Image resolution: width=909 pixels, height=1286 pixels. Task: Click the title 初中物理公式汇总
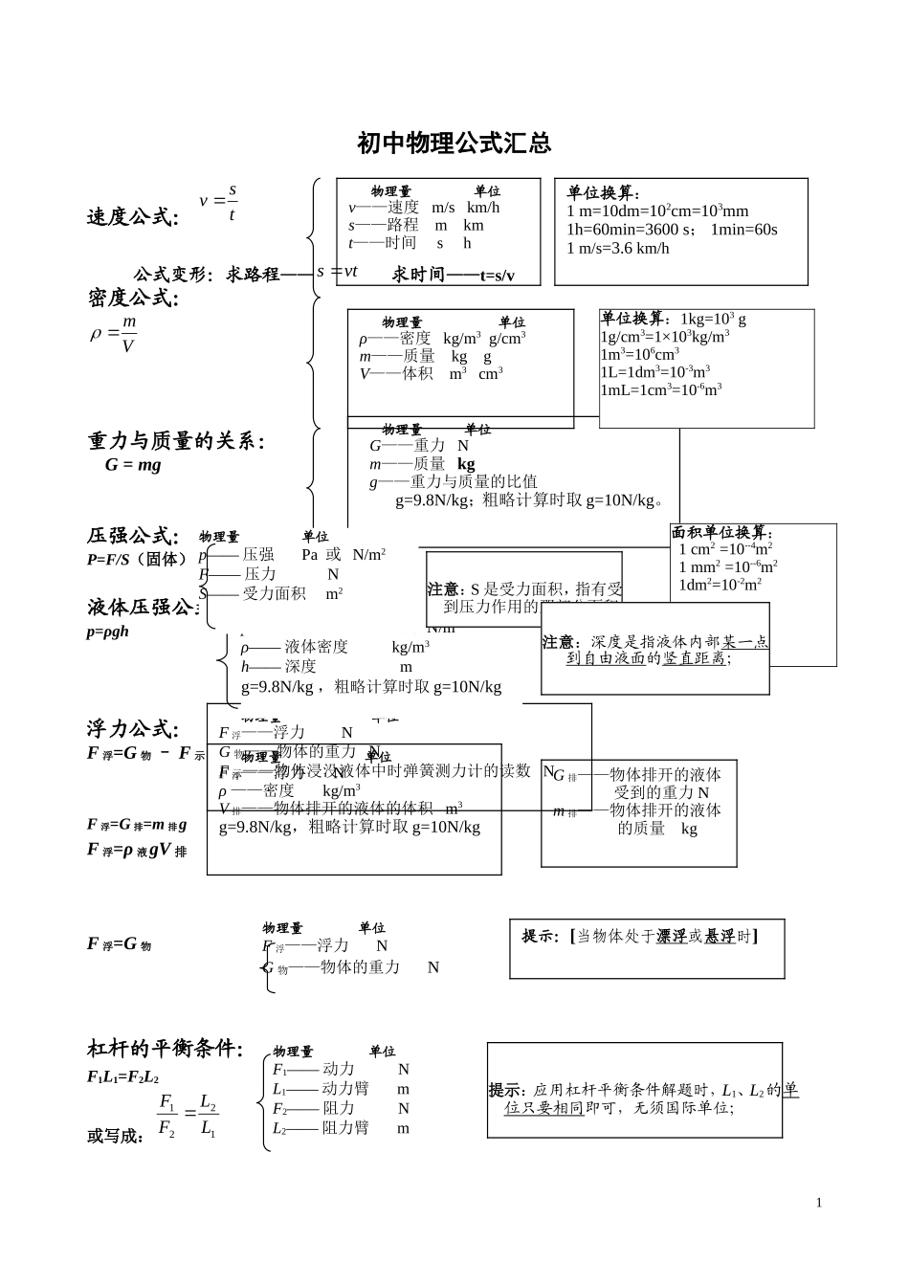[454, 144]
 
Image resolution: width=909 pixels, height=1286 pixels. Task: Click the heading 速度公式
[132, 217]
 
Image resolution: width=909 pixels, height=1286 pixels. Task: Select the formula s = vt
[337, 272]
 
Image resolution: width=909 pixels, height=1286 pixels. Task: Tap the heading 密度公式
[133, 299]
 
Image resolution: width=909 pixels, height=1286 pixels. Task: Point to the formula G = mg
[133, 465]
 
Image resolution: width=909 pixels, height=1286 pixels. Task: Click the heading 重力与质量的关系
[176, 441]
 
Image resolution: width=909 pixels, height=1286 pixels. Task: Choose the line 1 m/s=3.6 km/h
[618, 249]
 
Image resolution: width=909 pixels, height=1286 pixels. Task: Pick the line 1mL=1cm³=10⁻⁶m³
[661, 390]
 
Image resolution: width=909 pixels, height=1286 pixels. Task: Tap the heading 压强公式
[132, 536]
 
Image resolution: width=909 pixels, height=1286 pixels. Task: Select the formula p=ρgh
[107, 632]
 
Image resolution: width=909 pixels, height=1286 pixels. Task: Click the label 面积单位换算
[721, 533]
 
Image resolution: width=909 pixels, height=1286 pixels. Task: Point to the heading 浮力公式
[132, 729]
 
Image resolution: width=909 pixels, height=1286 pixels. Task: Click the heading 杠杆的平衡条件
[165, 1049]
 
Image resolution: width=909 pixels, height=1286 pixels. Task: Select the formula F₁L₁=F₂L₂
[122, 1077]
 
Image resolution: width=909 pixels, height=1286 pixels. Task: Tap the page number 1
[819, 1203]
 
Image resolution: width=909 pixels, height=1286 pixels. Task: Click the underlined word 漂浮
[672, 936]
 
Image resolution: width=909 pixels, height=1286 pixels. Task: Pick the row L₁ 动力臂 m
[340, 1089]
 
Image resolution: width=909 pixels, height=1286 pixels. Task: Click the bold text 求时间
[418, 275]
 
